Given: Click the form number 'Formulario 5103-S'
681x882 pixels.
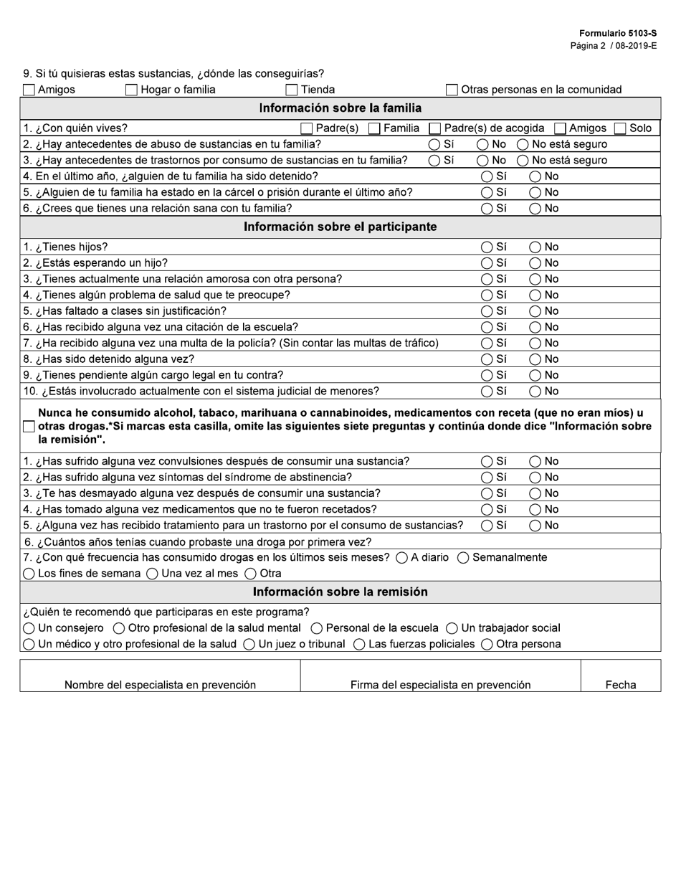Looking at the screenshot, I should click(617, 34).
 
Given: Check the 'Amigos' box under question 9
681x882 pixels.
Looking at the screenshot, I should click(29, 90).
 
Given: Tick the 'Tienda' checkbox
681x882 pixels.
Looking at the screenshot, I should click(292, 90).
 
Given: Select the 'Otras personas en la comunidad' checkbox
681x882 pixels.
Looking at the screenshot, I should click(452, 90).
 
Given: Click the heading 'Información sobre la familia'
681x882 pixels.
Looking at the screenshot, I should click(340, 108).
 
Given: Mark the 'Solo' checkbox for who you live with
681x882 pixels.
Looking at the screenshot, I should click(620, 129).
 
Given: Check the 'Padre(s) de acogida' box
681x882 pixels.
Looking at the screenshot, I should click(434, 129).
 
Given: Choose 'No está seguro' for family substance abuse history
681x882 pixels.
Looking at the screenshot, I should click(523, 145).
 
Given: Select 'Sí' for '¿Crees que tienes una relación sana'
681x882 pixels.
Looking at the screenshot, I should click(487, 209).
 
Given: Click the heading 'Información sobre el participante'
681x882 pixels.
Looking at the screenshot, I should click(340, 227).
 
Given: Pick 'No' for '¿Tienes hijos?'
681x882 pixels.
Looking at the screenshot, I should click(535, 247).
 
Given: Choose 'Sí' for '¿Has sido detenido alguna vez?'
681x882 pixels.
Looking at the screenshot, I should click(487, 359).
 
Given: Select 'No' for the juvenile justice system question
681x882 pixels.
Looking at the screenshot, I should click(535, 392).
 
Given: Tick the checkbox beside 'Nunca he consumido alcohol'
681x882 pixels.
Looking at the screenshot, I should click(29, 427).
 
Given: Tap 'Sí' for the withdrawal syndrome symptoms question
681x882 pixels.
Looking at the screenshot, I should click(487, 478).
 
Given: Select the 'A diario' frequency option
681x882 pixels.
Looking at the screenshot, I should click(402, 558).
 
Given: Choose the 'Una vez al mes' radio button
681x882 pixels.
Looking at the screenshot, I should click(153, 574).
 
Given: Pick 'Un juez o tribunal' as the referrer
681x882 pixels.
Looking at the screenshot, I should click(249, 645).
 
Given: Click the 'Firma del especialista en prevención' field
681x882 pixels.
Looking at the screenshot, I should click(440, 675).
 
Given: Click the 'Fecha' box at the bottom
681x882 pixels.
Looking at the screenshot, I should click(620, 675).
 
